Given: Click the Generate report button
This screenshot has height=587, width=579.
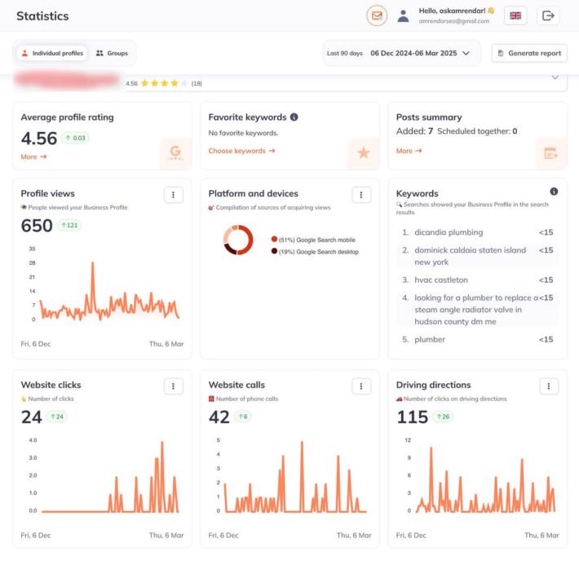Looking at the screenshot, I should coord(529,53).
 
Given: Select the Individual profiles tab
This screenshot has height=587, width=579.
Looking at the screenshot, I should coord(52,53).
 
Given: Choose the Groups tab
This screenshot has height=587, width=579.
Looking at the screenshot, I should coord(112,53).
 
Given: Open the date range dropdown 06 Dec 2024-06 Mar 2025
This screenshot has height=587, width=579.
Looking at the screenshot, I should coord(420,53).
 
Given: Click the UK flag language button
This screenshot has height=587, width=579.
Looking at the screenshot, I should coord(515,15).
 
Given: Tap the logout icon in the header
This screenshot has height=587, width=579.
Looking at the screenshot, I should coord(548,15).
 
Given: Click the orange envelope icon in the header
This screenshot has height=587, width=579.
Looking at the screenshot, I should coord(377,15).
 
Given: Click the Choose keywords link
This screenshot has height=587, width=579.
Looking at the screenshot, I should coord(241,151).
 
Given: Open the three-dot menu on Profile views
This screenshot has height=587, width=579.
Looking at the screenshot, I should coord(173,194).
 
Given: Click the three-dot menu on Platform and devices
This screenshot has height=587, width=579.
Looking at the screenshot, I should coord(361,194).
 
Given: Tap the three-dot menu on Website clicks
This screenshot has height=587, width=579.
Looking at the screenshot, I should coord(173,386).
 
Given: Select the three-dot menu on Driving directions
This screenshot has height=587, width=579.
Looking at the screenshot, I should coord(549,386).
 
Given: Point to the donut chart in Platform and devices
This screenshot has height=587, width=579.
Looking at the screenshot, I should coord(238,240).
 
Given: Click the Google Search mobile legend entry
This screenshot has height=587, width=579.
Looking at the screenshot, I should coord(315,240).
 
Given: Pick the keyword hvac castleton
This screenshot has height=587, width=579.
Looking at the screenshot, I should coord(441,280).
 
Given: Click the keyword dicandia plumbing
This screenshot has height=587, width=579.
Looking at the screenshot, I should coord(449,232).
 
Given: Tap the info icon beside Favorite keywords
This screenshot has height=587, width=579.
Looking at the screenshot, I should coord(294,117).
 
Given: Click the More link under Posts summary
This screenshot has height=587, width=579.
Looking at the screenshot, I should coord(409,151).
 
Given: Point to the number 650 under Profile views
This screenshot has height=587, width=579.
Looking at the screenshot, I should coord(37,225).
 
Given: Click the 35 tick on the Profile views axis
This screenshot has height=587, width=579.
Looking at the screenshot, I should coord(32,249).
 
